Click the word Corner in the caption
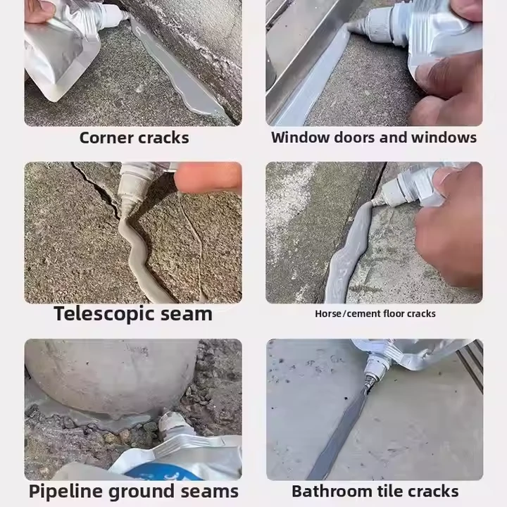point(106,138)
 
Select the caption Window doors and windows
point(374,137)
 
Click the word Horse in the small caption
point(328,313)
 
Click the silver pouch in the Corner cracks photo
point(61,51)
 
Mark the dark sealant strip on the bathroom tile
point(339,433)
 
